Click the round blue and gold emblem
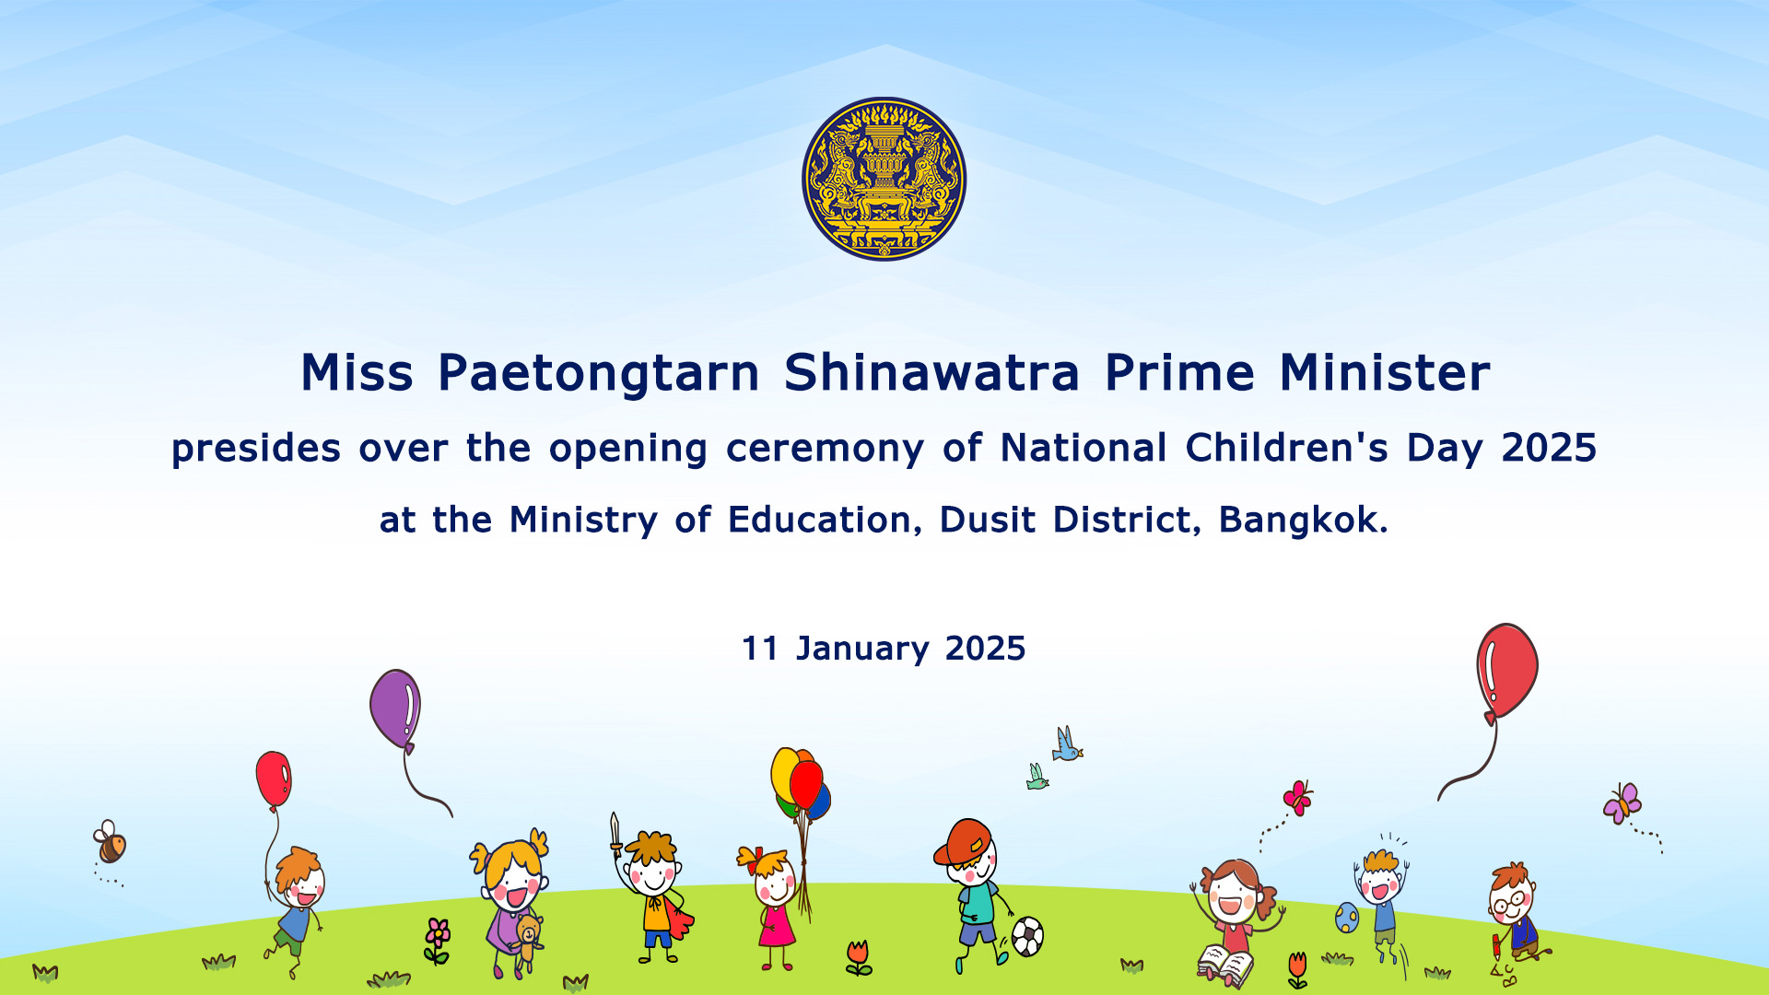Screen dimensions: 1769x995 [884, 179]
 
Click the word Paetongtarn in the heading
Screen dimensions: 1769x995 [599, 374]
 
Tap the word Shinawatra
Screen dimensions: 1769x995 [931, 372]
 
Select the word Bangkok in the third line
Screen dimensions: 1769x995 [1303, 520]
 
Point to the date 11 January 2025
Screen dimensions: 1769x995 [884, 649]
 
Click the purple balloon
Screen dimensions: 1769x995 [395, 709]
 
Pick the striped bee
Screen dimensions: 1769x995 [110, 842]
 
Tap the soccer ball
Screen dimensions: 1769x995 [1027, 937]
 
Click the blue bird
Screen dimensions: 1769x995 [1067, 744]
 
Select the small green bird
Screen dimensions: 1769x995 [1037, 777]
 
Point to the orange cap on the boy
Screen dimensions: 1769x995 [963, 841]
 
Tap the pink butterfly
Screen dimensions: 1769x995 [1297, 798]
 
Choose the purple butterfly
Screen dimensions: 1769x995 [1623, 803]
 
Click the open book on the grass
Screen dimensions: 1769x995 [1225, 965]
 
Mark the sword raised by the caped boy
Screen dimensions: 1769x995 [615, 833]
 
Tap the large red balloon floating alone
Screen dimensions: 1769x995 [1506, 671]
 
